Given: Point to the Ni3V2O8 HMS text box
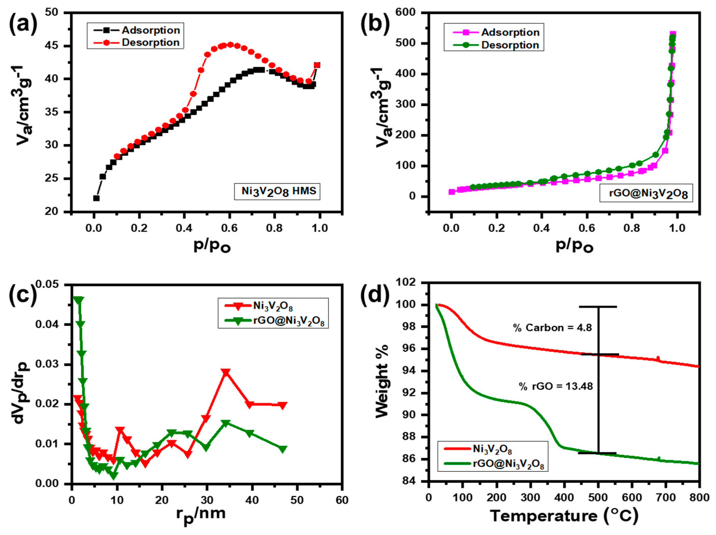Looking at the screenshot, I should click(277, 191).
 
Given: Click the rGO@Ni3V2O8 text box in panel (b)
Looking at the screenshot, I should click(646, 193).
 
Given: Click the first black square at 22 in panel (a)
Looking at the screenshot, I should click(96, 198).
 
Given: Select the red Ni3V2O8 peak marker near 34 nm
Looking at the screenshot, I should click(226, 372).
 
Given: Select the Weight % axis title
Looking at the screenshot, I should click(382, 382).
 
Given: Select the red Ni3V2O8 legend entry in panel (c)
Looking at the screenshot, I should click(259, 306).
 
